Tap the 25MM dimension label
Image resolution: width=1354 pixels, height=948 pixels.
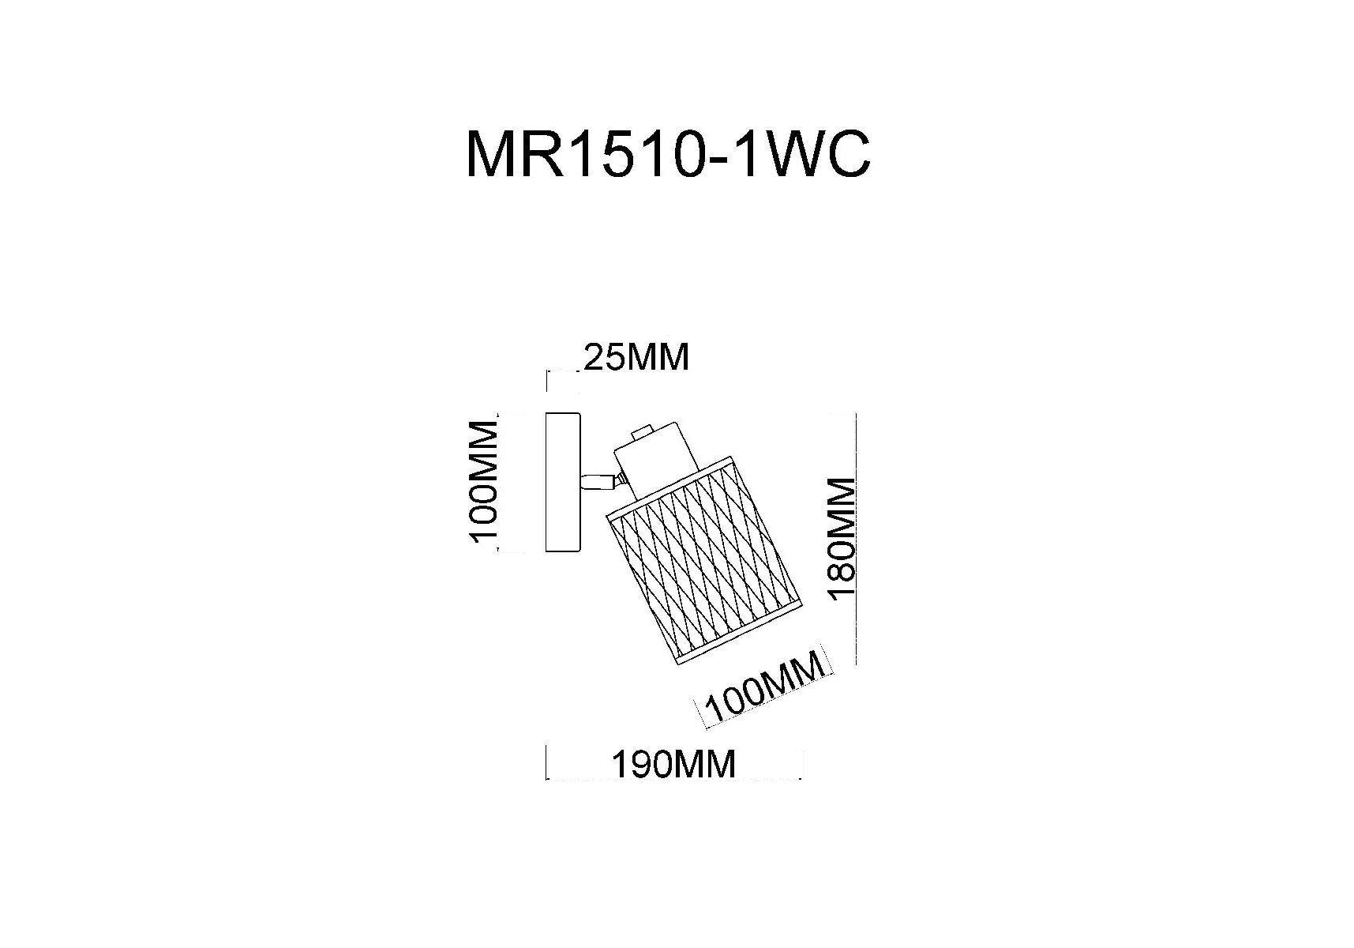click(x=636, y=357)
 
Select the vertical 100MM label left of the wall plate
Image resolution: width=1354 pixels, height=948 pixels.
click(x=483, y=481)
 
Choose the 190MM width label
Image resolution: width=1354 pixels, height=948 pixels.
click(x=673, y=764)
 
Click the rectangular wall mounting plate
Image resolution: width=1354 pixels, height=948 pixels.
click(x=564, y=482)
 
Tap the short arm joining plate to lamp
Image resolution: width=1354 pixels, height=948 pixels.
click(x=598, y=481)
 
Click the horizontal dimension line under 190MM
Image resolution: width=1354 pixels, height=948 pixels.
click(x=674, y=779)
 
